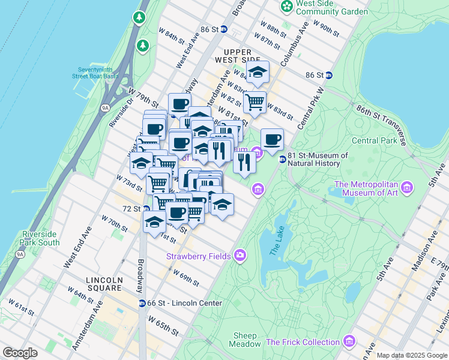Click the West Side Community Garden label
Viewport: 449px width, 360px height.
(333, 7)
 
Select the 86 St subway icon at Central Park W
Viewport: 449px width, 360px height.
(329, 75)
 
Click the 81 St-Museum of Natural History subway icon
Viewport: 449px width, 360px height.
(282, 159)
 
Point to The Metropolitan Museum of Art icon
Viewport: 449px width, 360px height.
(408, 188)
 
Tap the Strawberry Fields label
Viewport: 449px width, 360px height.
(199, 256)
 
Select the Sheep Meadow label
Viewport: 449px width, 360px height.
(245, 340)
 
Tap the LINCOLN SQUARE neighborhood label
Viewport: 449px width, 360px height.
(104, 284)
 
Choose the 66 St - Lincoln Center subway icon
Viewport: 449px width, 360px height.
(142, 303)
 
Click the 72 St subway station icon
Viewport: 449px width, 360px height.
(146, 209)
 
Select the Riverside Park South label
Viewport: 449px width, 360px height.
(40, 238)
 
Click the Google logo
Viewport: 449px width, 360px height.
(20, 353)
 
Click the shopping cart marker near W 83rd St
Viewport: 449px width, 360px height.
(255, 102)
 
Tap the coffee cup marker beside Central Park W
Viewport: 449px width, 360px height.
(272, 139)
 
